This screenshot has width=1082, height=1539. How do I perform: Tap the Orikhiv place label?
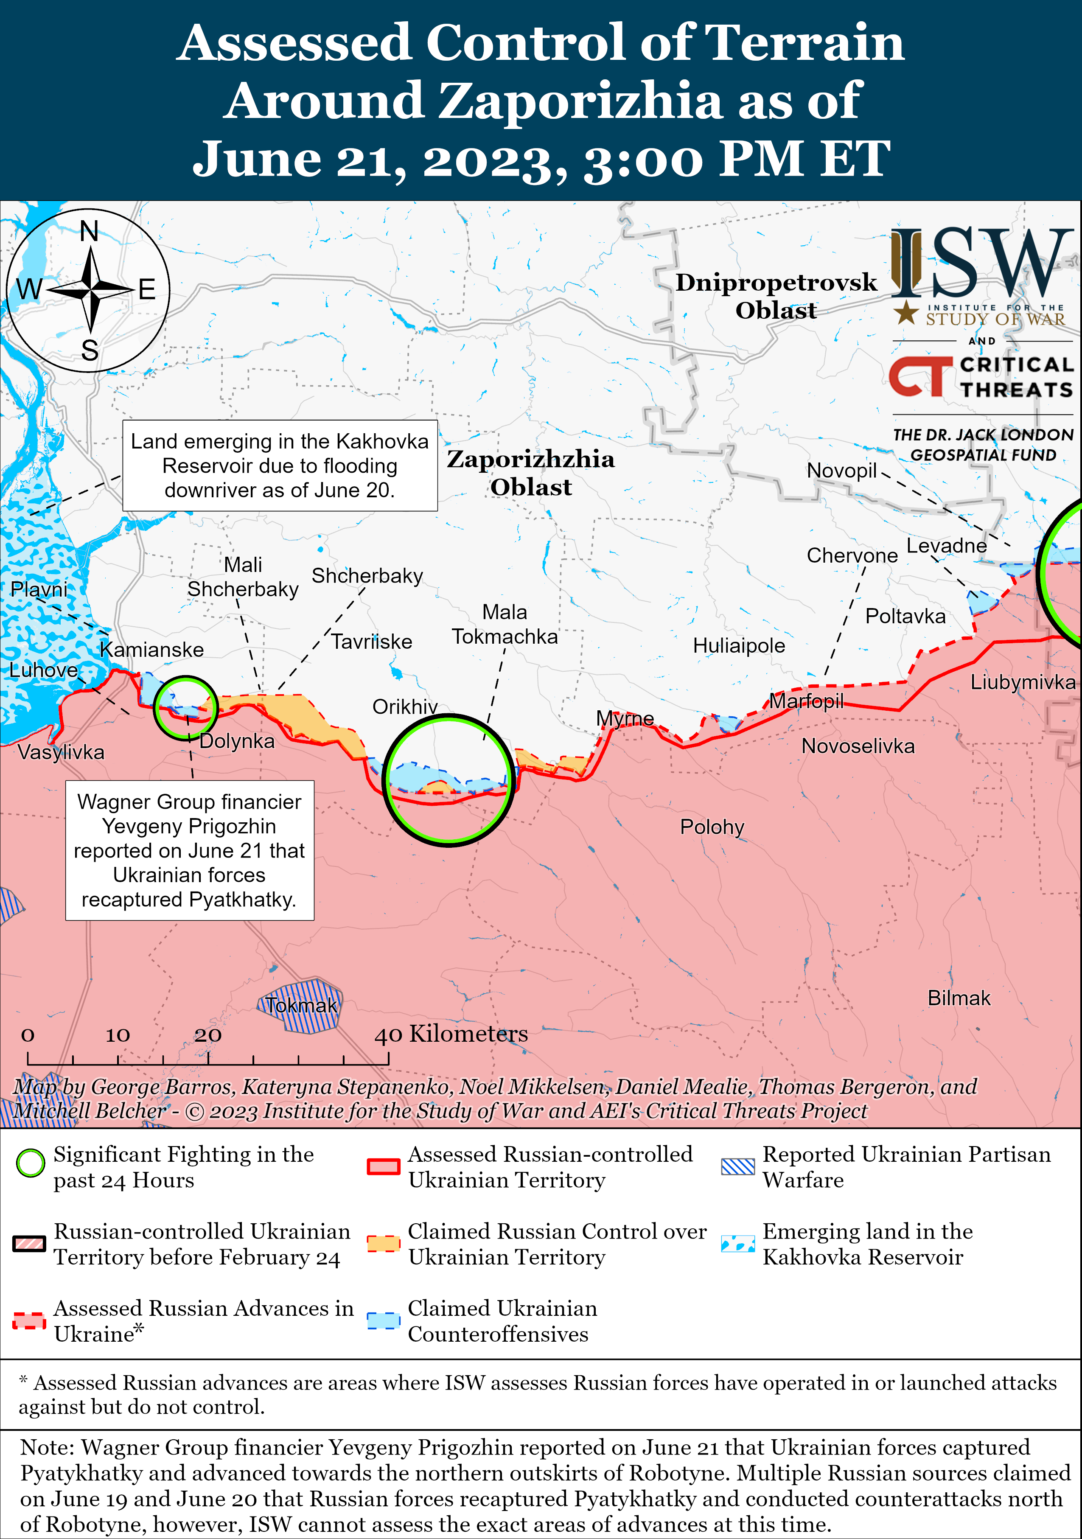coord(405,706)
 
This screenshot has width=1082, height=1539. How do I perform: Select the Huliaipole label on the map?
coord(739,645)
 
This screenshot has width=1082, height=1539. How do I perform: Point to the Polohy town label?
coord(712,827)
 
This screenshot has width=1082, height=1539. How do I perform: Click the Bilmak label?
coord(959,998)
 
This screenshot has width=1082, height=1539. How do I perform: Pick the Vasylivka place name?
coord(61,752)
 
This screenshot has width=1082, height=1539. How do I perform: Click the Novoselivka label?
coord(858,746)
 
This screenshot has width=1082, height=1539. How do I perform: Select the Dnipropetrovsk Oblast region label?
coord(776,296)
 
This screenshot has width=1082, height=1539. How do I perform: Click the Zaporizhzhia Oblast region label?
coord(531,473)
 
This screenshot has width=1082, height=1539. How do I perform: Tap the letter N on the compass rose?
coord(89,232)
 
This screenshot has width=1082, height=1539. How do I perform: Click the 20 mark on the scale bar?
coord(208,1035)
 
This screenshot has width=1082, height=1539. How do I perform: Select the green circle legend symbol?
coord(30,1163)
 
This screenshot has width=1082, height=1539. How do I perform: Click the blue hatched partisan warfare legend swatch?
coord(737,1167)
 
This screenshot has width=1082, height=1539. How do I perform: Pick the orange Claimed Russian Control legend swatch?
coord(384,1243)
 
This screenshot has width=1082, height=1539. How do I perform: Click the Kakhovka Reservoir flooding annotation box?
coord(280,466)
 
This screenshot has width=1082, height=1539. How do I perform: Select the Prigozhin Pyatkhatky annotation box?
coord(189,850)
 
